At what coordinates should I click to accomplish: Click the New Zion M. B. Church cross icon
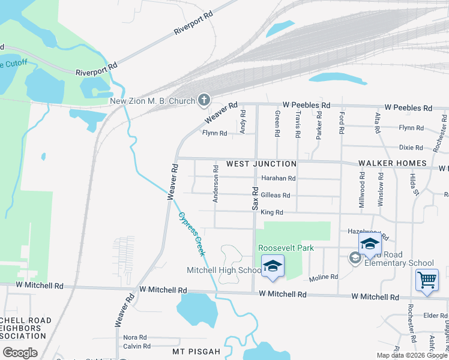pyautogui.click(x=204, y=100)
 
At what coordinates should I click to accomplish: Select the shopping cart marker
pyautogui.click(x=426, y=280)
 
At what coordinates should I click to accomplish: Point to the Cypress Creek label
pyautogui.click(x=191, y=235)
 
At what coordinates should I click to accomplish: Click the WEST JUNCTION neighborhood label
pyautogui.click(x=261, y=164)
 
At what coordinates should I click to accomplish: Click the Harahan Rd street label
pyautogui.click(x=279, y=179)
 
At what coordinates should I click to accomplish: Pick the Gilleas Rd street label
pyautogui.click(x=276, y=196)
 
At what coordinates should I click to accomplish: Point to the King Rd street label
pyautogui.click(x=271, y=212)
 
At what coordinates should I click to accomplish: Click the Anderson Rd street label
pyautogui.click(x=215, y=184)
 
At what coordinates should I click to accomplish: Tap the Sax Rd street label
pyautogui.click(x=255, y=198)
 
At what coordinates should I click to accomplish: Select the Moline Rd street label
pyautogui.click(x=324, y=278)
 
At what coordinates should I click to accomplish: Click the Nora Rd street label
pyautogui.click(x=134, y=338)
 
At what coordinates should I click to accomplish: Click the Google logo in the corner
pyautogui.click(x=20, y=353)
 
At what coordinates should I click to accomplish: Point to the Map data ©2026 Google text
pyautogui.click(x=412, y=355)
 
